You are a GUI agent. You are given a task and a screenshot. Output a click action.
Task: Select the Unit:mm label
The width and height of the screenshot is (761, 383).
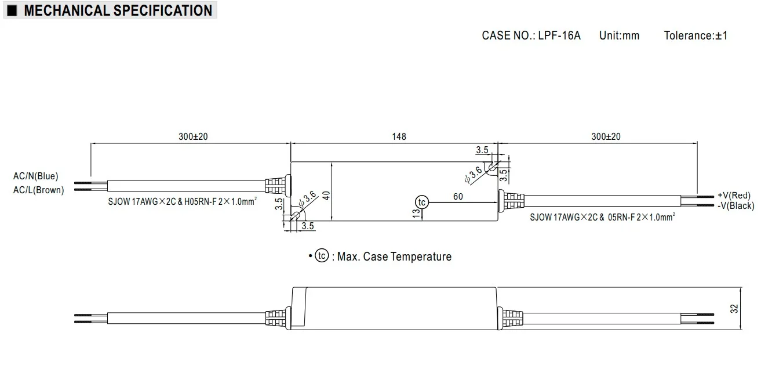(619, 35)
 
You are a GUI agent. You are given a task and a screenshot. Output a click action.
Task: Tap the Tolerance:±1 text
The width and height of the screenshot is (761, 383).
(696, 35)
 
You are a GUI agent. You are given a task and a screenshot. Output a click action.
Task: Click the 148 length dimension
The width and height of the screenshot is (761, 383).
(399, 137)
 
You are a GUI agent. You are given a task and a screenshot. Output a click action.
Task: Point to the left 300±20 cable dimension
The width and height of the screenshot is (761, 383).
(193, 137)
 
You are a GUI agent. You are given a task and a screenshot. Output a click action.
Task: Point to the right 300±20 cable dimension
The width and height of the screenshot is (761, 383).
(606, 137)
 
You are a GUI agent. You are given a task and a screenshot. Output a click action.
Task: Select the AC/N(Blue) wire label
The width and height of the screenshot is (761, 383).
(36, 176)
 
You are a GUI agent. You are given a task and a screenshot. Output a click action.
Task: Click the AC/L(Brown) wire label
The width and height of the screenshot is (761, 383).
(38, 190)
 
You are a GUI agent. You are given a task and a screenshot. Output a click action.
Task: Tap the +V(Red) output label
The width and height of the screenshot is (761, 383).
(734, 195)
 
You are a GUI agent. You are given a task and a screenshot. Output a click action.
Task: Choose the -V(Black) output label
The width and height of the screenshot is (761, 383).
(735, 205)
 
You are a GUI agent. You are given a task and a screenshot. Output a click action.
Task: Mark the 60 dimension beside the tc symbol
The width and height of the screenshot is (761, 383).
(458, 197)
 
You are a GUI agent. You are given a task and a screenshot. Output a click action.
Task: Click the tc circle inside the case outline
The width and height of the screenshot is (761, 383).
(421, 202)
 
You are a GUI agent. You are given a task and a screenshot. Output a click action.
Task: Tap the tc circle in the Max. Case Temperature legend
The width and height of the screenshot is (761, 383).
(322, 256)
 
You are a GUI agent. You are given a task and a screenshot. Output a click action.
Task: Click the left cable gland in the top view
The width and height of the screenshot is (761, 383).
(276, 185)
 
